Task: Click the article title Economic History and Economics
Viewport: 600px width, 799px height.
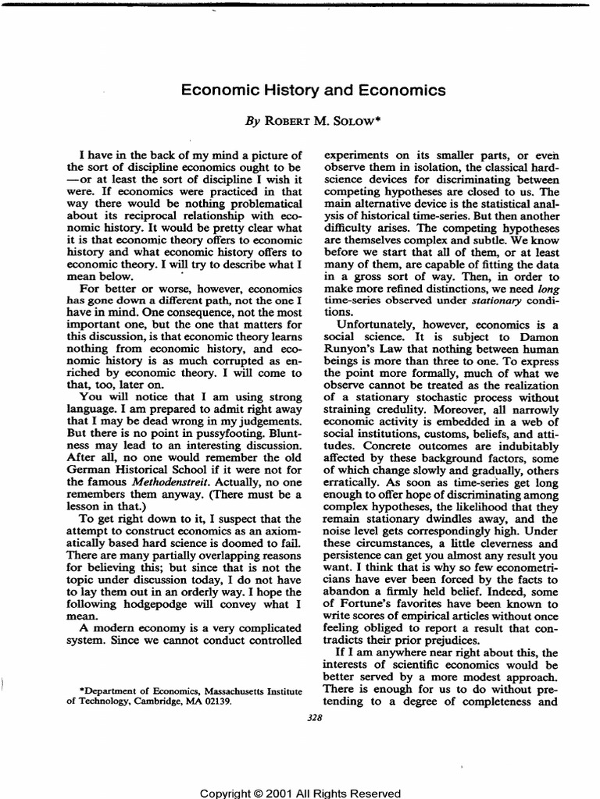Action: [313, 91]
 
